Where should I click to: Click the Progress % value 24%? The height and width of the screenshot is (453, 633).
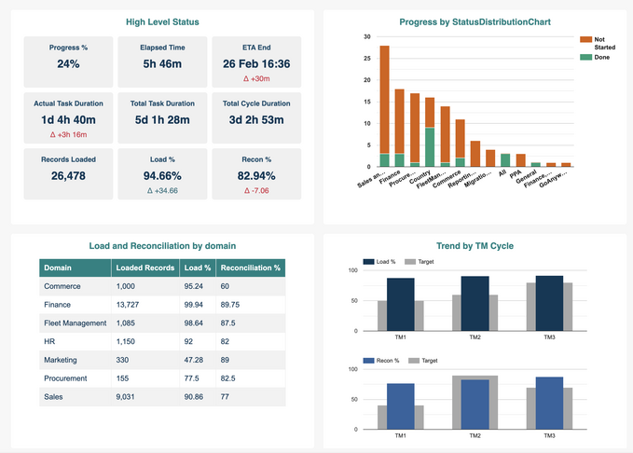pyautogui.click(x=68, y=64)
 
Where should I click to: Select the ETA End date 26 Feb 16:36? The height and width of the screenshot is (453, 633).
pyautogui.click(x=256, y=64)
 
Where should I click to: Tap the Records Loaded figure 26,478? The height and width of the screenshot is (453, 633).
pyautogui.click(x=68, y=175)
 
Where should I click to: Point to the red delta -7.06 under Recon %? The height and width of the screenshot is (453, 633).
pyautogui.click(x=256, y=190)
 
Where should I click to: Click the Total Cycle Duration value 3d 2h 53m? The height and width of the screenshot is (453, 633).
pyautogui.click(x=256, y=119)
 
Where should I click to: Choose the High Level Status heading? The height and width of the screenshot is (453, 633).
pyautogui.click(x=162, y=21)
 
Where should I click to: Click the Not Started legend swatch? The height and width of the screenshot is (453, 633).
pyautogui.click(x=585, y=39)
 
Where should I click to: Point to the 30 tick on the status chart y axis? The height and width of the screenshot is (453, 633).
pyautogui.click(x=367, y=37)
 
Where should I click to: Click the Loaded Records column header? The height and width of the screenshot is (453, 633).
pyautogui.click(x=144, y=268)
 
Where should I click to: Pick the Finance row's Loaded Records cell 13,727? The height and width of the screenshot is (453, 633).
pyautogui.click(x=131, y=305)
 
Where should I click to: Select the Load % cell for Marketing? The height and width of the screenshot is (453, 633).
pyautogui.click(x=195, y=360)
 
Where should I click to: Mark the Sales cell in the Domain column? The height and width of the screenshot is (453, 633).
pyautogui.click(x=54, y=397)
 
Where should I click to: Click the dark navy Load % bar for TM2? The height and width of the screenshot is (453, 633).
pyautogui.click(x=475, y=303)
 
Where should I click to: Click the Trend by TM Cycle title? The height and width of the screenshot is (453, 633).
pyautogui.click(x=475, y=246)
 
